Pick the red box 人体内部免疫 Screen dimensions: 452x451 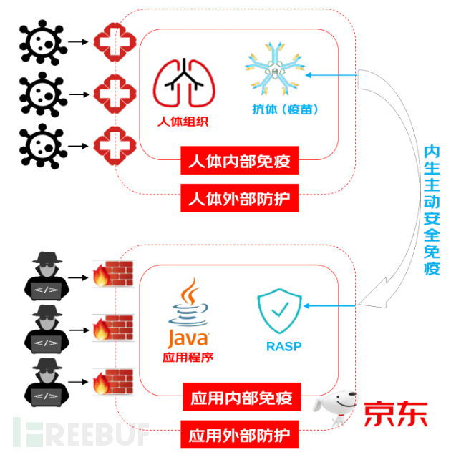click(x=238, y=162)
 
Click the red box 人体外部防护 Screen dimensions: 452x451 click(x=238, y=197)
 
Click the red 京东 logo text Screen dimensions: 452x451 click(x=395, y=413)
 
